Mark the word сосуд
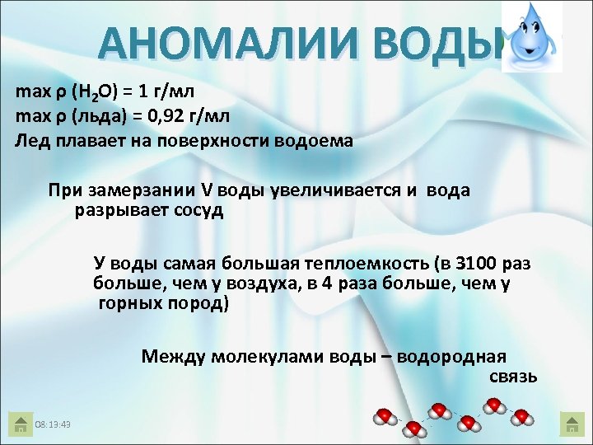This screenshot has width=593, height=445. pos(198,210)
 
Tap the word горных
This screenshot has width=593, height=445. pos(128,303)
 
